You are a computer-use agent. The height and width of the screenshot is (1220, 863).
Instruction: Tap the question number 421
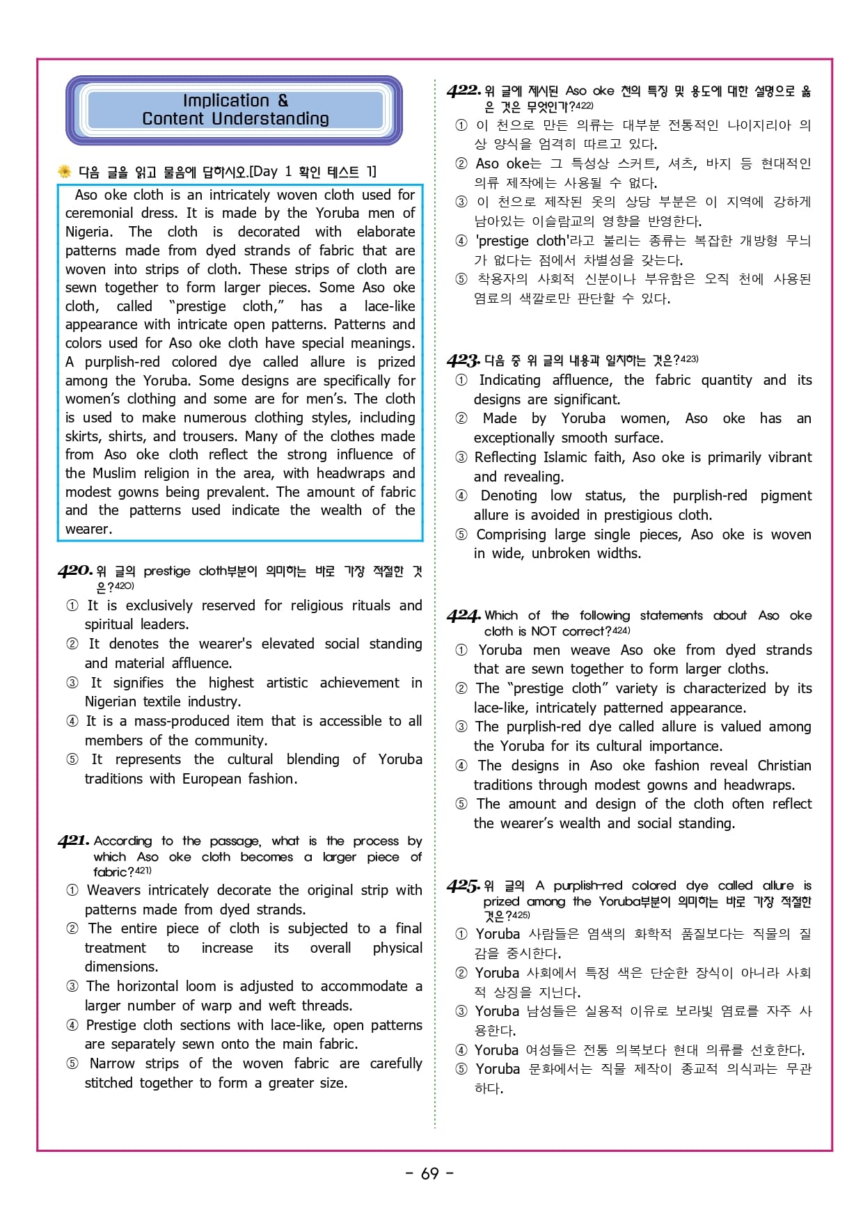click(73, 841)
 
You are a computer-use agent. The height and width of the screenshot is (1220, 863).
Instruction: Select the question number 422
click(464, 90)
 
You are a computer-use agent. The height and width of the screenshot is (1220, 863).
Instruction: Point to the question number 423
click(463, 361)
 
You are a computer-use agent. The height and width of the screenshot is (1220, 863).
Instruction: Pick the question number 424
click(464, 616)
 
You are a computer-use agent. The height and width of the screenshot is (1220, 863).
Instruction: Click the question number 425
click(464, 886)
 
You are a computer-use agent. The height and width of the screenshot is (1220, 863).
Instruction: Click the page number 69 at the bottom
click(430, 1173)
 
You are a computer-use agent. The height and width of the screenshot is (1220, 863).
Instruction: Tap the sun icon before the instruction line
click(65, 171)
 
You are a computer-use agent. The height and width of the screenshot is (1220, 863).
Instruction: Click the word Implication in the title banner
click(225, 101)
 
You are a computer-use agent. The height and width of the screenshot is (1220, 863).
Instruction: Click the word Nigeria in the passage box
click(88, 232)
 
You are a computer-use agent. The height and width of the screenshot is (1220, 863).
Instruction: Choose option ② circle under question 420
click(72, 644)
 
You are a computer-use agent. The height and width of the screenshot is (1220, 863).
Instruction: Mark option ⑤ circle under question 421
click(72, 1063)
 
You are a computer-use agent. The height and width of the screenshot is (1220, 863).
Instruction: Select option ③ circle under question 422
click(461, 202)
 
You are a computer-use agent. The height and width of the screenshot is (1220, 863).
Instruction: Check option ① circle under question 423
click(461, 380)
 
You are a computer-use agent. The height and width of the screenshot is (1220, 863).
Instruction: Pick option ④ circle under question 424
click(461, 766)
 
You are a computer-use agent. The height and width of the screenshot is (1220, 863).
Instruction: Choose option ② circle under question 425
click(461, 973)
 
